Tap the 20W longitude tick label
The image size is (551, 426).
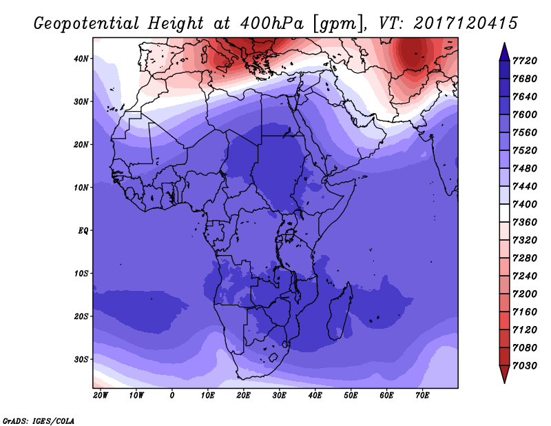(x=100, y=395)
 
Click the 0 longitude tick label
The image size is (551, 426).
(x=172, y=395)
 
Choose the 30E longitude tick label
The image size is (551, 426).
(x=279, y=395)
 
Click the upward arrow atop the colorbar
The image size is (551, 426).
(x=504, y=51)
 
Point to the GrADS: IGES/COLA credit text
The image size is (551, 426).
(x=39, y=420)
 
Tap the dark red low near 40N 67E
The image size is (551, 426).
(x=414, y=52)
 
